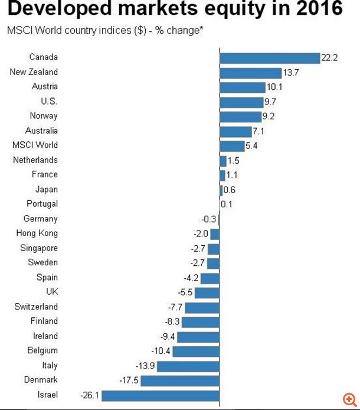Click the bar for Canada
point(269,58)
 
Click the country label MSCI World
point(35,145)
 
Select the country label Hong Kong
point(37,233)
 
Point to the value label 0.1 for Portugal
point(227,204)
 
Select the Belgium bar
point(196,351)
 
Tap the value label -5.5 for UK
point(185,292)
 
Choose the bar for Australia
point(235,131)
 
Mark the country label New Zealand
point(34,72)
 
